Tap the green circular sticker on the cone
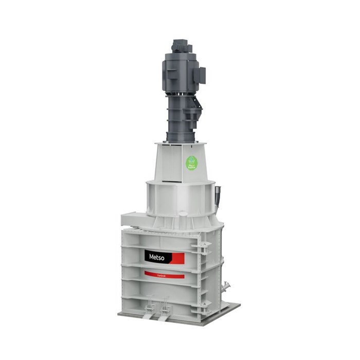click(x=191, y=164)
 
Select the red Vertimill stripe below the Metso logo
click(x=164, y=275)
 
